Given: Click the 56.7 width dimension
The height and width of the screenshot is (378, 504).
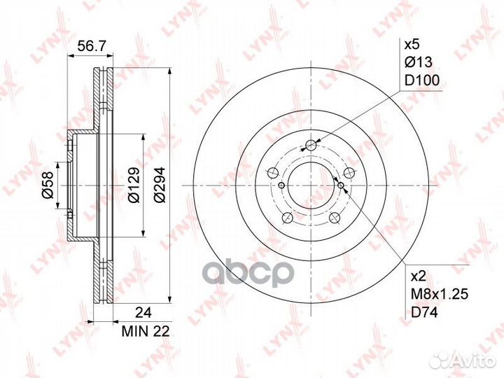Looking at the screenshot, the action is click(91, 47).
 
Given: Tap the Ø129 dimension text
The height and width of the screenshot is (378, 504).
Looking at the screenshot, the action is click(134, 185).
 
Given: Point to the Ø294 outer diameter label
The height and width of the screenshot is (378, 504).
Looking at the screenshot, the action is click(160, 185).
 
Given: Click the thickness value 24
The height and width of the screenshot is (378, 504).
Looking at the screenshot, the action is click(143, 311).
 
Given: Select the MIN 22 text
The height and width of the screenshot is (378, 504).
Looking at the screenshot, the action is click(146, 331).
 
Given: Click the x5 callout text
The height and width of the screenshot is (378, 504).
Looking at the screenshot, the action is click(412, 45).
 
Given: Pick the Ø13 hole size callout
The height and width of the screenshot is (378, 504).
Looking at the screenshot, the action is click(419, 62).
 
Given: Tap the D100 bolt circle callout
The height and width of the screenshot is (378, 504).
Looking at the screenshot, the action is click(421, 80).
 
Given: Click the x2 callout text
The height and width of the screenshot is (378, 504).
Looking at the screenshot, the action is click(419, 276).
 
